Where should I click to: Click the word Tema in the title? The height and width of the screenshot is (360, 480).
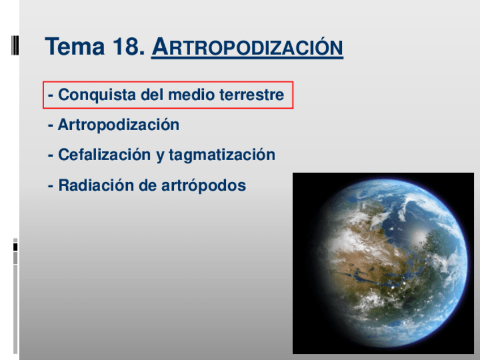tap(75, 46)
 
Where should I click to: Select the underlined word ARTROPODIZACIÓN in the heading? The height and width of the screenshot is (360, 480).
tap(247, 48)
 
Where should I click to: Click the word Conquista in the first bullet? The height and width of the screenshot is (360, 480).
tap(97, 95)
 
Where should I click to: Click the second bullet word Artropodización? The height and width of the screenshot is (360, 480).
tap(118, 125)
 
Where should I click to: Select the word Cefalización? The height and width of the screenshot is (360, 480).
tap(104, 155)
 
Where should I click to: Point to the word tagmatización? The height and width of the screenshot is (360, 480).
tap(222, 155)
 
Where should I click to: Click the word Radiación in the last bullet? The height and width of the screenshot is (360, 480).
tap(96, 185)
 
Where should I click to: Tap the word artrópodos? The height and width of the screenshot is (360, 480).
tap(204, 186)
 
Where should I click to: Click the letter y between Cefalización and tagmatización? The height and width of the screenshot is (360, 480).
tap(160, 156)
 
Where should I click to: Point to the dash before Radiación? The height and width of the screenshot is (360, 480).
tap(50, 186)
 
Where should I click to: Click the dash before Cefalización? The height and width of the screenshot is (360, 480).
tap(50, 156)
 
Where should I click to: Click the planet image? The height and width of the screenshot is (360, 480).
tap(383, 263)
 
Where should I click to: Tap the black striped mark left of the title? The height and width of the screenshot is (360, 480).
tap(15, 45)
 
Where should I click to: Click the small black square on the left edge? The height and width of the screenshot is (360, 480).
tap(15, 247)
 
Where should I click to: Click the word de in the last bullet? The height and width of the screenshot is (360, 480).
tap(148, 185)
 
